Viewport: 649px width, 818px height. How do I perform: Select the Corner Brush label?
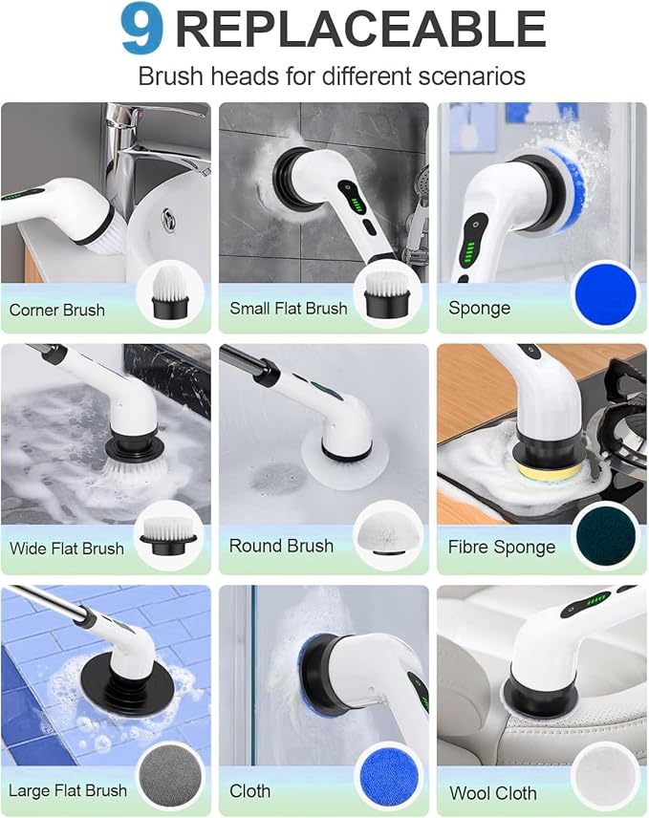[57, 310]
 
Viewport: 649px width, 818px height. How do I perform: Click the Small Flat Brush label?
[288, 309]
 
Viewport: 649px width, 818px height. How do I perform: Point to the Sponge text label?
[479, 309]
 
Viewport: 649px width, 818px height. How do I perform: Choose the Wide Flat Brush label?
[67, 549]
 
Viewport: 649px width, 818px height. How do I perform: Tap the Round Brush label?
[281, 547]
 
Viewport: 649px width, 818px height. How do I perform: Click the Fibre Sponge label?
[501, 548]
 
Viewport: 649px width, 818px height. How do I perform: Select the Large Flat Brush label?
[68, 790]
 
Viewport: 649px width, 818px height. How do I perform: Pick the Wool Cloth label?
[493, 793]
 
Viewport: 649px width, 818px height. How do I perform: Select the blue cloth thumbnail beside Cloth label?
[388, 777]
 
